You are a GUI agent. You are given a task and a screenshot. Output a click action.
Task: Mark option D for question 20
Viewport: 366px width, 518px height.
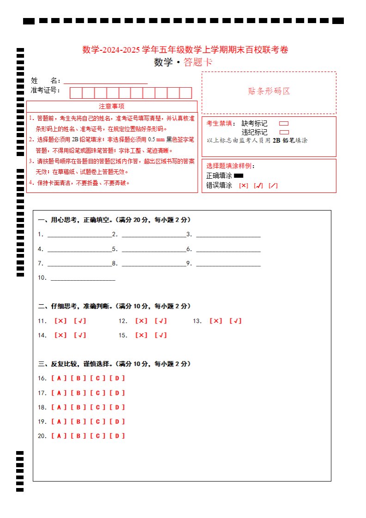click(x=117, y=436)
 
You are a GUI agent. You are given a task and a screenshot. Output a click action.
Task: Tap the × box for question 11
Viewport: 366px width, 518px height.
click(x=61, y=321)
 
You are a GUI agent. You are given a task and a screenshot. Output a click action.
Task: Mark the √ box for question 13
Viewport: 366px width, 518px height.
click(x=236, y=321)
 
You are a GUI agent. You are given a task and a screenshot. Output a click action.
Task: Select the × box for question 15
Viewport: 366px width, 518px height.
click(x=141, y=335)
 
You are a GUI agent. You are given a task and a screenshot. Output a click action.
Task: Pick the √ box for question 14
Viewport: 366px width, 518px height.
click(x=80, y=335)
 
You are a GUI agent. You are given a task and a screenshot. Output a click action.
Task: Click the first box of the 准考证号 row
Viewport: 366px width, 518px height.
click(x=76, y=93)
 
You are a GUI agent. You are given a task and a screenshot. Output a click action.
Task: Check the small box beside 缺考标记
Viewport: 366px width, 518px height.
click(x=284, y=124)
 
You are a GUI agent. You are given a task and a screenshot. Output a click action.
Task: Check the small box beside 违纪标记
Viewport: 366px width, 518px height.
click(x=284, y=133)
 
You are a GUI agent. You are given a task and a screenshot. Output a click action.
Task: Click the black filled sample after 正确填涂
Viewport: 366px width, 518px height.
click(x=238, y=175)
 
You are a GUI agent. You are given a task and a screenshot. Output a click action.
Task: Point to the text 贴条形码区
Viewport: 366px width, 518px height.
click(x=269, y=91)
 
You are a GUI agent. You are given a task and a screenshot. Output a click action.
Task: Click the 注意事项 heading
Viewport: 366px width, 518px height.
click(x=111, y=106)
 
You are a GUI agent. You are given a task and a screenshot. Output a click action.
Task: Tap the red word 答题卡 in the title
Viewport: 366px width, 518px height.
click(x=198, y=63)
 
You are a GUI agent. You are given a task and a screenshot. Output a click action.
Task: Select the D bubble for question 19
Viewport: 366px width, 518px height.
click(x=117, y=422)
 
